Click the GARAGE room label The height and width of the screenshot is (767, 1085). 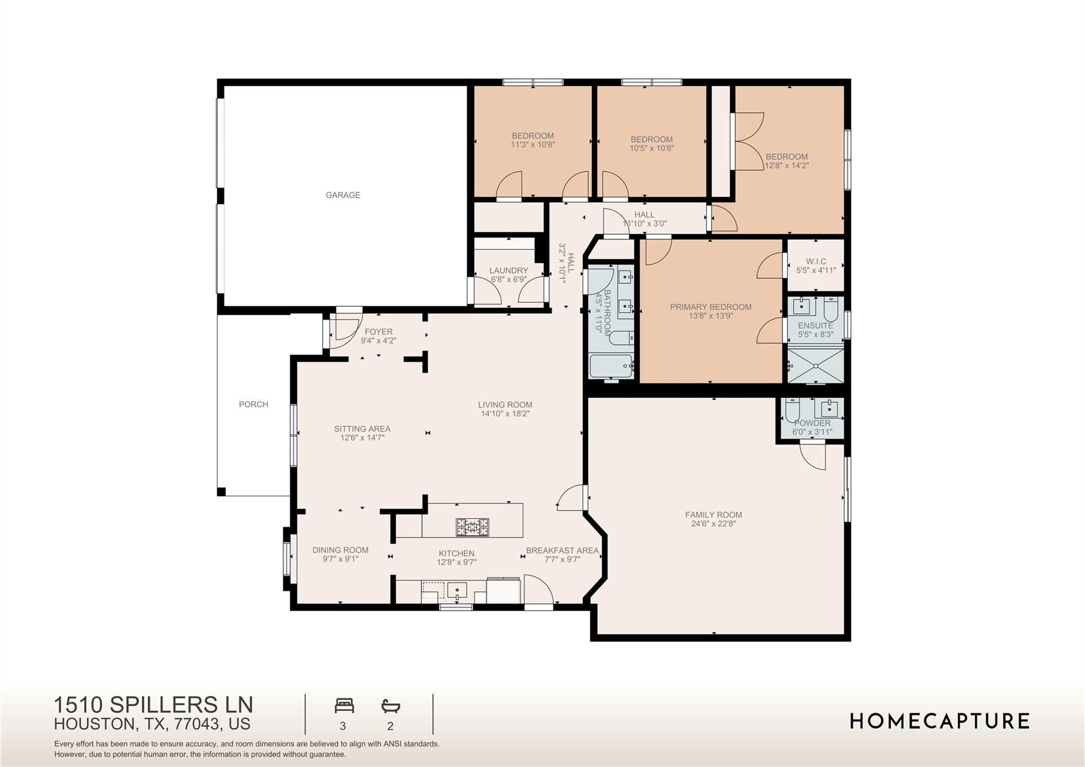tap(343, 195)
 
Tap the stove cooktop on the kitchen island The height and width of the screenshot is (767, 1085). tap(472, 527)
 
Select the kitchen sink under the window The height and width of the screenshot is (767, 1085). tap(456, 590)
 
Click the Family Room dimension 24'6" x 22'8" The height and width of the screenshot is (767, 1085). tap(713, 524)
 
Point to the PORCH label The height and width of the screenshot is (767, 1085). tap(253, 404)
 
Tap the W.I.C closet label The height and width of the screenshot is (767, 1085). tap(816, 262)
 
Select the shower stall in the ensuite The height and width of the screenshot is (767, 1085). tap(815, 365)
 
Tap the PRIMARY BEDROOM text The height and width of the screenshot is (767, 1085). tap(710, 307)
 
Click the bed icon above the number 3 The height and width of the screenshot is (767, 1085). tap(344, 706)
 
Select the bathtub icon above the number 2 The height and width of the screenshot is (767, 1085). tap(390, 706)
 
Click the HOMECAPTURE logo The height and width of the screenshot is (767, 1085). tap(939, 721)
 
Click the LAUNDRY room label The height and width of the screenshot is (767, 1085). tap(509, 270)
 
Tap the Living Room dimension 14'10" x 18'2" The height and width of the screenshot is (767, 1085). tap(505, 413)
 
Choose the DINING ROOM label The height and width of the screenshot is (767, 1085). tap(340, 550)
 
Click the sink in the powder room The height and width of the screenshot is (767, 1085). tap(828, 409)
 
